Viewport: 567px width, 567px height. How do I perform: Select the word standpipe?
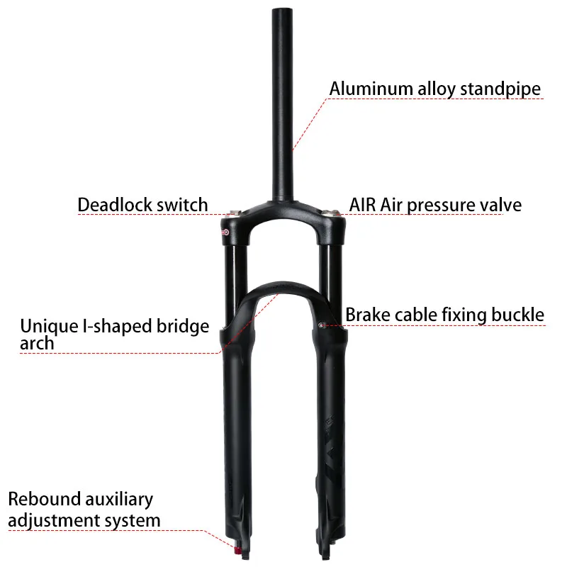coord(501,89)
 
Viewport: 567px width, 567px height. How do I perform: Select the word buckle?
coord(517,315)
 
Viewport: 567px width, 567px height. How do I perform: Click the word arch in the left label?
coord(37,343)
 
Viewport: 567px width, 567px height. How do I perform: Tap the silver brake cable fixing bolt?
coord(322,325)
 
